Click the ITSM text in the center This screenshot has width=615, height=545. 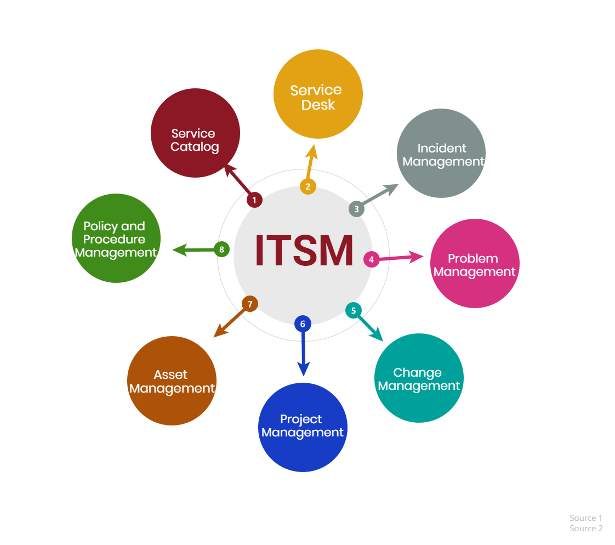[304, 251]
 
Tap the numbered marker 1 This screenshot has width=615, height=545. [254, 200]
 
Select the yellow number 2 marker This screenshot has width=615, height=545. [308, 186]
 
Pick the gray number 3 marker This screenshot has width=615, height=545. [356, 209]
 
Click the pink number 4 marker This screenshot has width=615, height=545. [372, 259]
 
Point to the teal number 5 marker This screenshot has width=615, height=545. [354, 310]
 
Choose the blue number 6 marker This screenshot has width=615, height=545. [303, 323]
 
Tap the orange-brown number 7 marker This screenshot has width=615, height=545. [250, 304]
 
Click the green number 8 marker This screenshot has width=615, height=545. [221, 249]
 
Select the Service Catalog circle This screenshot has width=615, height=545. [195, 133]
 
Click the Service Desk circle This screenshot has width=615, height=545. [318, 94]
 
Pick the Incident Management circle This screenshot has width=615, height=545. [441, 154]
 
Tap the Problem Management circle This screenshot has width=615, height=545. [475, 263]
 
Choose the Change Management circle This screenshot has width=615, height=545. [419, 378]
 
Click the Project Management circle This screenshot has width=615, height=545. [303, 427]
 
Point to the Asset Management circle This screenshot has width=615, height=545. [172, 381]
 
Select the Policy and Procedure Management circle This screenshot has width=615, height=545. [116, 238]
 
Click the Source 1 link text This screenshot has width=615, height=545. [585, 518]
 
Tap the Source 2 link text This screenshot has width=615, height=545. [586, 528]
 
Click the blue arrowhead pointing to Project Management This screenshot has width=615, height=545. [304, 369]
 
